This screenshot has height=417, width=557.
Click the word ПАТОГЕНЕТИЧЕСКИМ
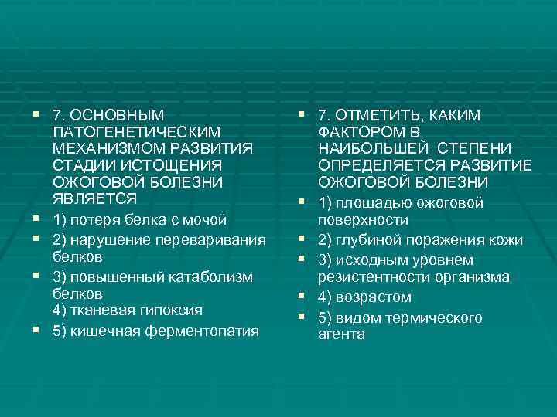(137, 133)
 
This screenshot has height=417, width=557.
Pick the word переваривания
(211, 239)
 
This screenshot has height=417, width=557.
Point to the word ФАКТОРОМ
(359, 131)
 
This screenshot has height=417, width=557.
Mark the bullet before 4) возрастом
(300, 297)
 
